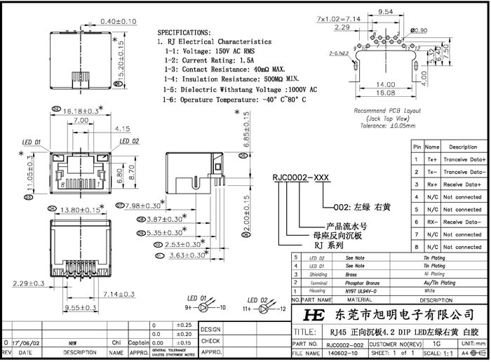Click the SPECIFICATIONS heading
pyautogui.click(x=184, y=32)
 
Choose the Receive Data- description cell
pyautogui.click(x=462, y=221)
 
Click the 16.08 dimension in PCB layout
pyautogui.click(x=386, y=92)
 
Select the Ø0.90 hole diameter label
pyautogui.click(x=419, y=30)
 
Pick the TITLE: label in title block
pyautogui.click(x=305, y=331)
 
